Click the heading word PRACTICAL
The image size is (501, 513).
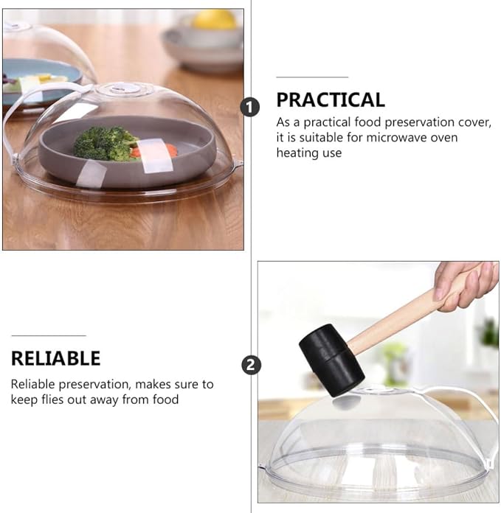point(331,100)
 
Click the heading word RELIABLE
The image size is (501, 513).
point(55,358)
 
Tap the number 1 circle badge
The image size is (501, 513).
point(250,107)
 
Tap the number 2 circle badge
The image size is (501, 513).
point(251,364)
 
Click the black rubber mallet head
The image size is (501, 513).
point(331,360)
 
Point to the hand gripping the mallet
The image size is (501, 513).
point(466,285)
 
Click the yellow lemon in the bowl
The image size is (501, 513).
point(214,19)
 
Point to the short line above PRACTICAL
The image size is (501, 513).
point(312,77)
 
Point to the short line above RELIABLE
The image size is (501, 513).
point(49,335)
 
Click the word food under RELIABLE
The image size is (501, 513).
point(166,399)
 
